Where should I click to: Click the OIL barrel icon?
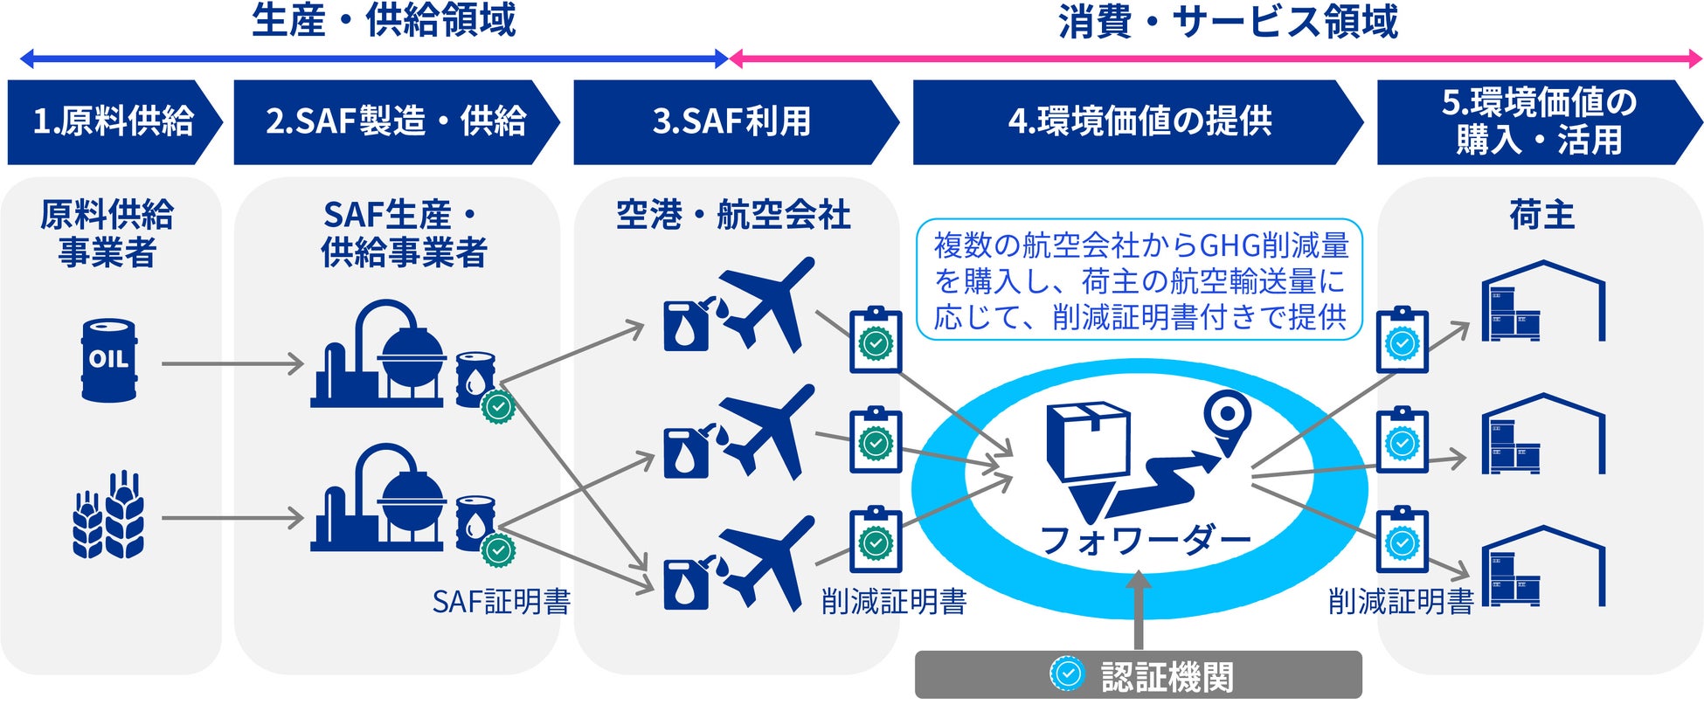click(x=108, y=360)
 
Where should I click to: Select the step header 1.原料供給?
click(x=112, y=122)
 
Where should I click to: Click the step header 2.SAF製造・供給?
click(x=395, y=122)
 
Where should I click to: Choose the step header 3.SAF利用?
click(x=732, y=122)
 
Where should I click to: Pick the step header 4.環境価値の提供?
click(x=1139, y=122)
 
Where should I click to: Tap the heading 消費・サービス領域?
click(x=1227, y=21)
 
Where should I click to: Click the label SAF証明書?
click(x=502, y=602)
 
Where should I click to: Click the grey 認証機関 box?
click(x=1138, y=675)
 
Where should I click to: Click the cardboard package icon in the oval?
click(x=1089, y=441)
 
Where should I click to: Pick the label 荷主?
click(x=1541, y=215)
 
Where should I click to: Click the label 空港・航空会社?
click(x=733, y=215)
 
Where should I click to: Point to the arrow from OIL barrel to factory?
click(x=232, y=363)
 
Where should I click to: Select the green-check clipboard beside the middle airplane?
click(x=876, y=441)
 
